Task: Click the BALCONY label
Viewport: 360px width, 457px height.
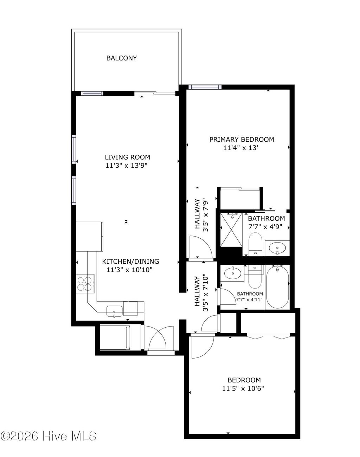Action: coord(121,58)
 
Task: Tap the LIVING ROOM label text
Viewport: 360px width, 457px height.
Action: coord(127,157)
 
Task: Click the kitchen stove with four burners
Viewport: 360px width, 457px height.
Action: coord(85,283)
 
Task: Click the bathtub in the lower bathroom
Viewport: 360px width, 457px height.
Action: coord(277,287)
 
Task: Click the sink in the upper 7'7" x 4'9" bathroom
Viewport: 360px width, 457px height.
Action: coord(277,248)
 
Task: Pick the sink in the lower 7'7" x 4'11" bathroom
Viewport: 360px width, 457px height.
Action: coord(232,273)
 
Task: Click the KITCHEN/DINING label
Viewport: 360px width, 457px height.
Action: coord(130,262)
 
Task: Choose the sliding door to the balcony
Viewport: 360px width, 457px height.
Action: coord(155,93)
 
